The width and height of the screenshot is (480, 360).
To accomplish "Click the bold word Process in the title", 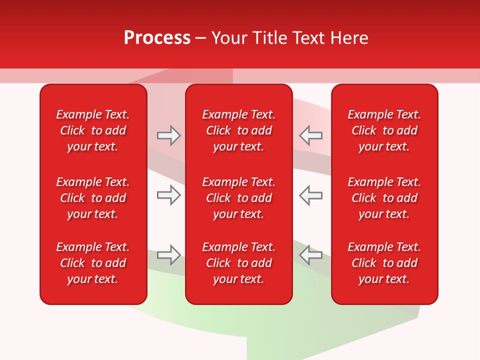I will coord(157,38).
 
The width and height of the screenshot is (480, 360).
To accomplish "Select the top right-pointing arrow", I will coord(168,135).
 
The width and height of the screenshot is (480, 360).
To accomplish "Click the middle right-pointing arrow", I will coord(168,195).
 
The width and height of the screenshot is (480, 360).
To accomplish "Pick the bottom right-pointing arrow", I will coord(168,255).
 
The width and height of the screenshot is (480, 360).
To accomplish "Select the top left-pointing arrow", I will coord(311,135).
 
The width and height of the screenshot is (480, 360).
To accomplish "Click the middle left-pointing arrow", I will coord(311,195).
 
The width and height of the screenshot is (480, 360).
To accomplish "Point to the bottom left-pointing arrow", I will coord(311,255).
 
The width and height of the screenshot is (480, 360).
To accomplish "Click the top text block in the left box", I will coord(93,130).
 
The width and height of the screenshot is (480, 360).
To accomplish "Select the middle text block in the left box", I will coord(93,198).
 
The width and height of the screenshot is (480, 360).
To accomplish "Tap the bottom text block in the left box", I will coord(93,263).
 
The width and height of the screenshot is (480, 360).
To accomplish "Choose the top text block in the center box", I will coord(238,130).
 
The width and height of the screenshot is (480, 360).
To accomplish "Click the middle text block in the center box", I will coord(238,198).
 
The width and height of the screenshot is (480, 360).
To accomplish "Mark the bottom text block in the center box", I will coord(238,263).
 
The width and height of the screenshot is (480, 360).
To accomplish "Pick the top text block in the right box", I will coord(384,130).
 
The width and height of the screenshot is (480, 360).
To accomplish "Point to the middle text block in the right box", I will coord(384,198).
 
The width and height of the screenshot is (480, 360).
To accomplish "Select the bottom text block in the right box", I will coord(384,263).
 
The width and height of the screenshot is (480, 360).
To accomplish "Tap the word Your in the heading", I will coord(228,38).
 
